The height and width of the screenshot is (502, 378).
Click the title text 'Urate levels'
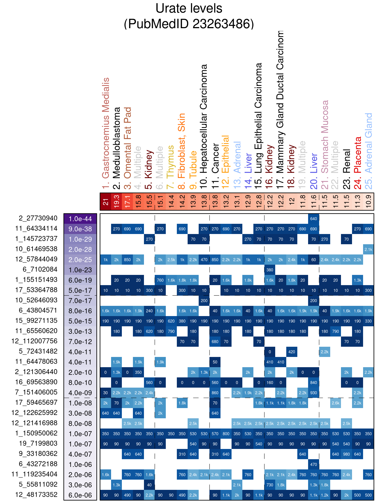[x=189, y=8]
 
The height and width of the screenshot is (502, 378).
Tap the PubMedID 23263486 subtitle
[x=189, y=24]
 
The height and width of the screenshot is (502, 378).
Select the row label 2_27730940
[x=38, y=218]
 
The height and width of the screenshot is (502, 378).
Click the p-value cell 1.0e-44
[x=80, y=219]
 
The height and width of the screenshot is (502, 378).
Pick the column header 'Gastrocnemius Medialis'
[x=106, y=133]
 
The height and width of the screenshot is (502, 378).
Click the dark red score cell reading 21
[x=106, y=202]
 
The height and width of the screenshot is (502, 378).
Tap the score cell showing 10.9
[x=368, y=202]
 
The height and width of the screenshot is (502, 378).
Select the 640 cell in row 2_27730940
[x=314, y=219]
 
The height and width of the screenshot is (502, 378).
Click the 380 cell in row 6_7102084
[x=270, y=270]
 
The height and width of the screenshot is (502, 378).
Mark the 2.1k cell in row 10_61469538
[x=368, y=249]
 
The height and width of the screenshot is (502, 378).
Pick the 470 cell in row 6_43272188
[x=314, y=464]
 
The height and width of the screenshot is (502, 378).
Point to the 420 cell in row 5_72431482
[x=292, y=352]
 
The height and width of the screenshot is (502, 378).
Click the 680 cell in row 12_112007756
[x=215, y=341]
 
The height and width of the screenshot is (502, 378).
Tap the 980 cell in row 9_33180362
[x=347, y=454]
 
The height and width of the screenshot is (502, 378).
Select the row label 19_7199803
[x=38, y=443]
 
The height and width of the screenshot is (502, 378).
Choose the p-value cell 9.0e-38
[x=80, y=229]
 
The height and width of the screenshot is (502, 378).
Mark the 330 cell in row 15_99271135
[x=368, y=321]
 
